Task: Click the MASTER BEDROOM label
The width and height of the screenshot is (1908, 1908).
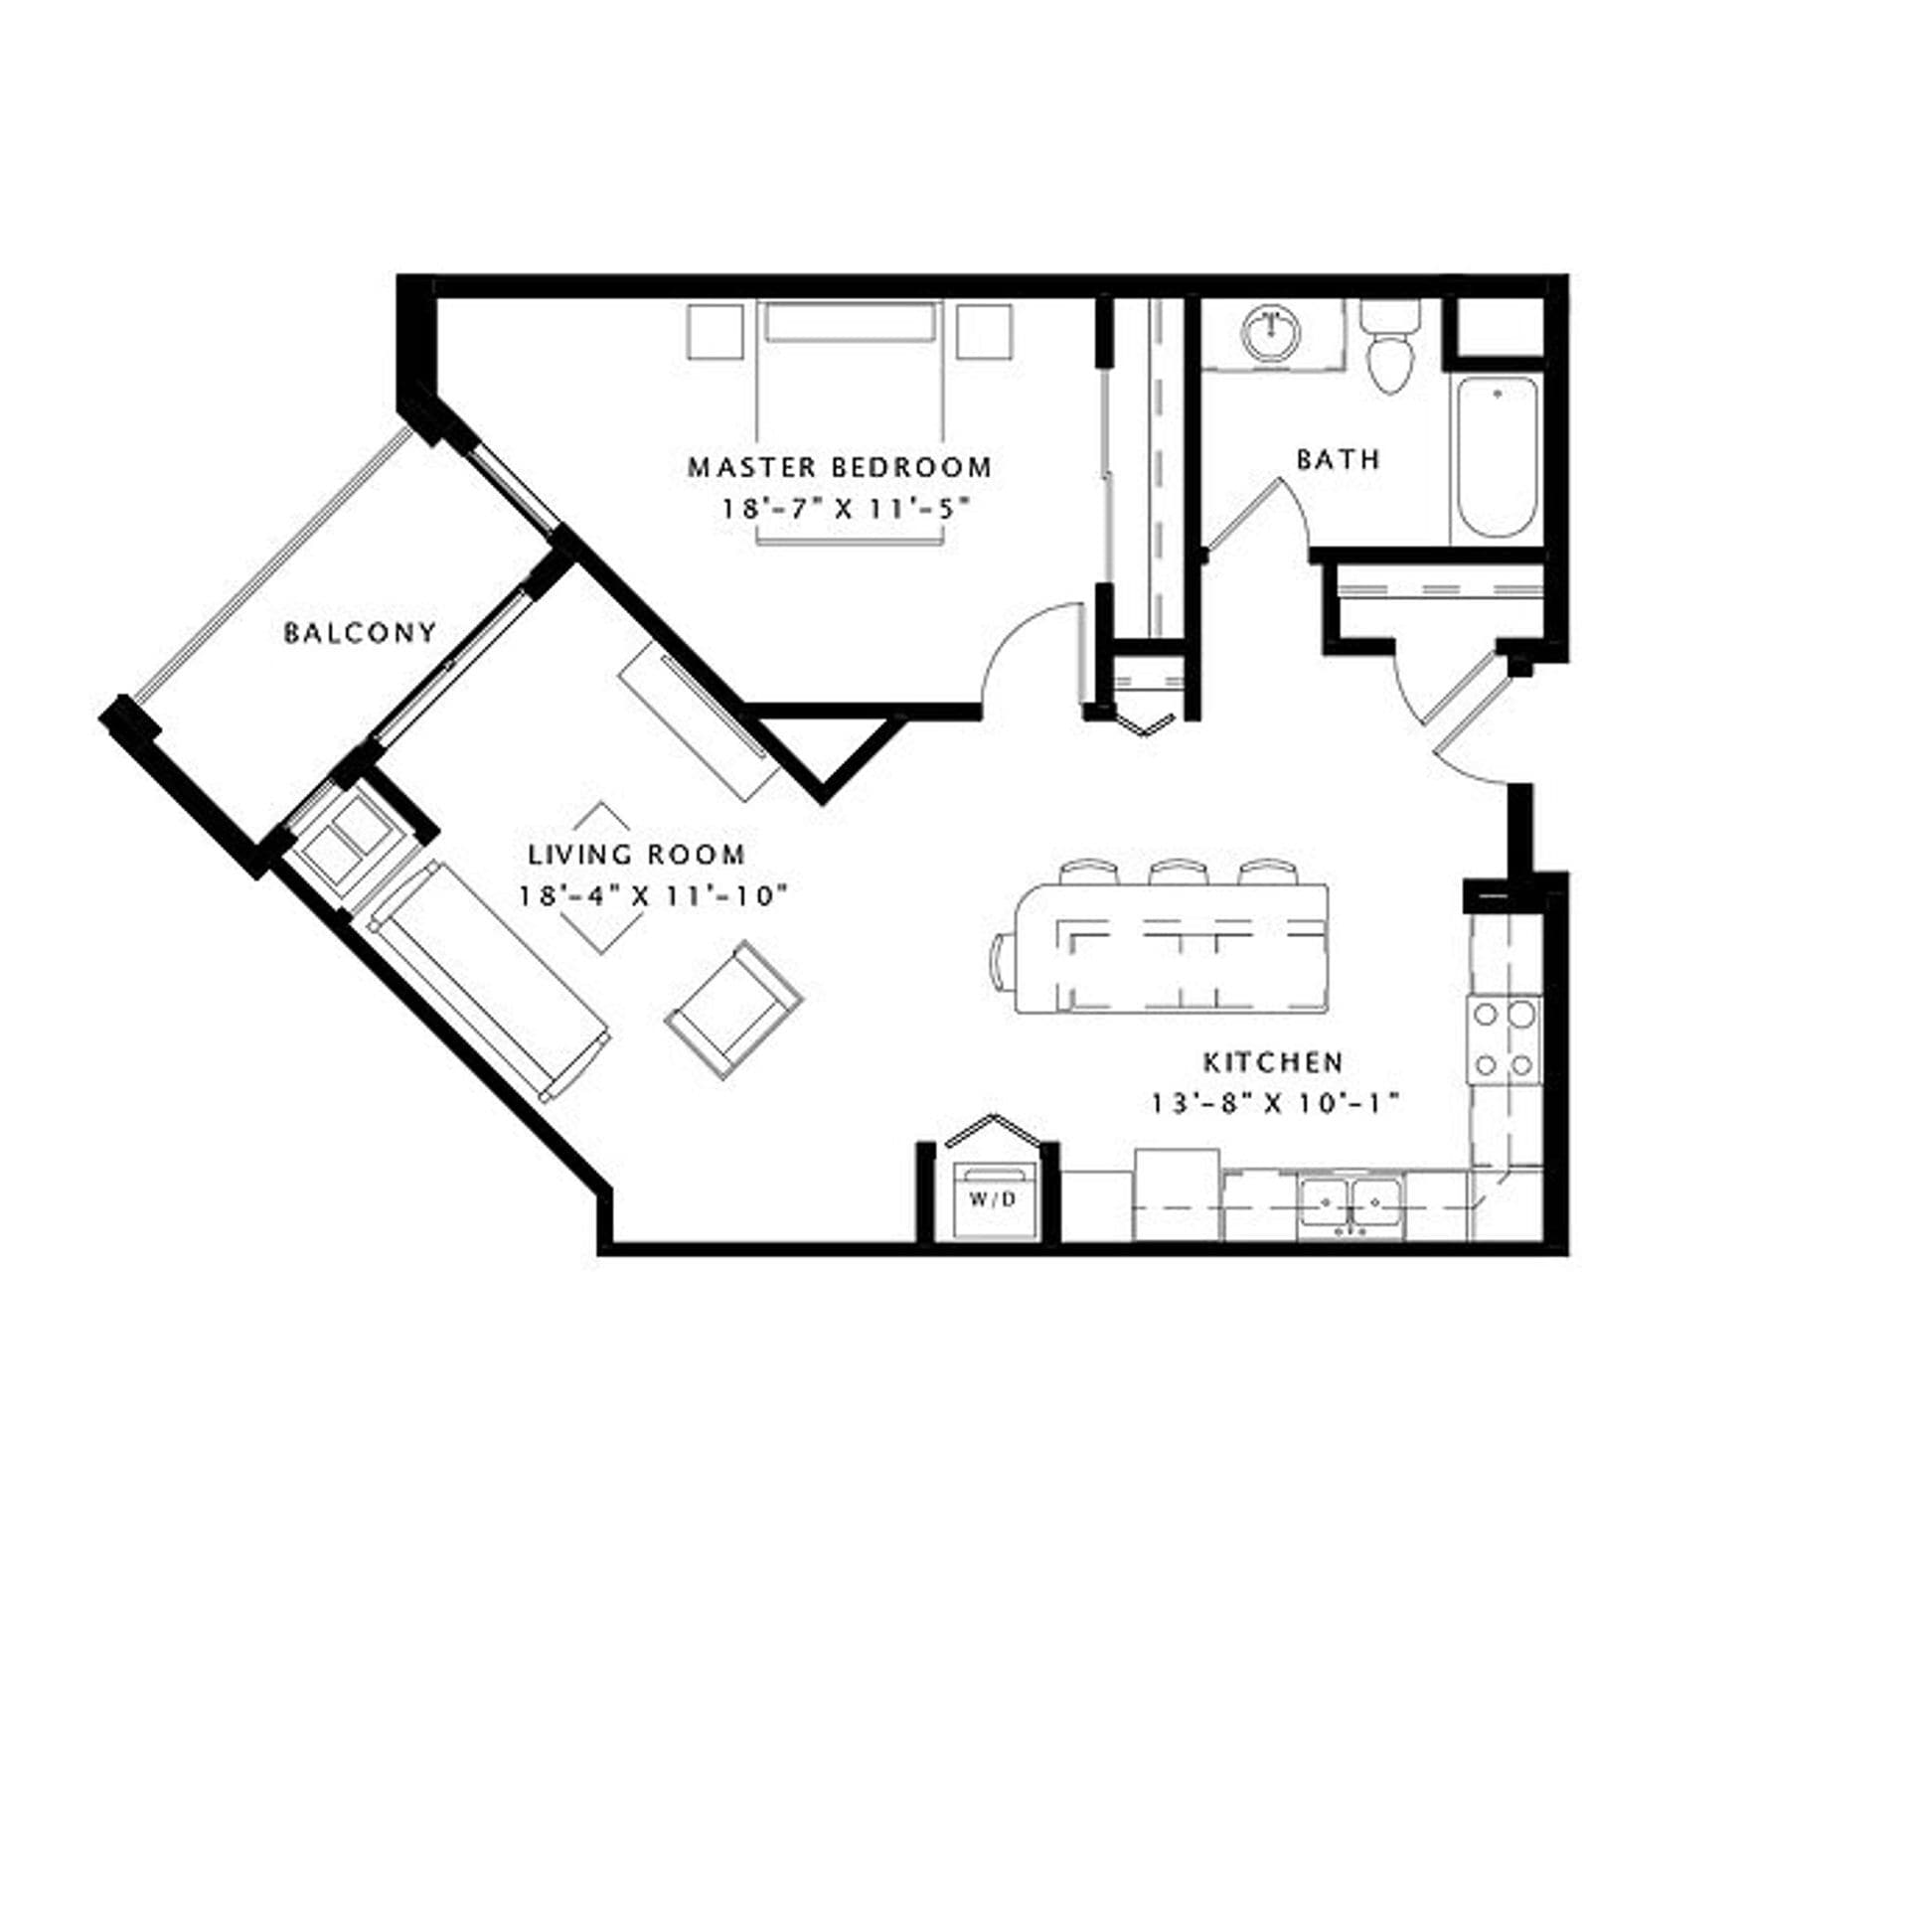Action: [x=840, y=466]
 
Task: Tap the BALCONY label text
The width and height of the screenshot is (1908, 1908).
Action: [x=360, y=633]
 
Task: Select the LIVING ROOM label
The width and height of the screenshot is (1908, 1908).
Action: [x=637, y=854]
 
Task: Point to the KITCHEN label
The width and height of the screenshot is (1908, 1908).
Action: [x=1273, y=1062]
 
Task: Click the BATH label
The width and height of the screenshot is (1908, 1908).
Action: [x=1339, y=459]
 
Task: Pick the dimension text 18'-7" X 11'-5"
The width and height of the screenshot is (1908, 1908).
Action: [x=844, y=509]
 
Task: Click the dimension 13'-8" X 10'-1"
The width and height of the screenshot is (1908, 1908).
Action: [x=1275, y=1103]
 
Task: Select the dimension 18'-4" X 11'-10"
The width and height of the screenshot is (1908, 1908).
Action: [x=653, y=895]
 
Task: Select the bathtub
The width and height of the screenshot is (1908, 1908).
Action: [x=1496, y=457]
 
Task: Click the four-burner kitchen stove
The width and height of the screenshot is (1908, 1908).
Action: [x=1505, y=1038]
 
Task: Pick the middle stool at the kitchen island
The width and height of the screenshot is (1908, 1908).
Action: [x=1178, y=872]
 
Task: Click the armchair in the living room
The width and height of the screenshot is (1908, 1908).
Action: [x=733, y=1009]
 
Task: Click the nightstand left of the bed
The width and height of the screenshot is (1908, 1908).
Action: [x=715, y=332]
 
